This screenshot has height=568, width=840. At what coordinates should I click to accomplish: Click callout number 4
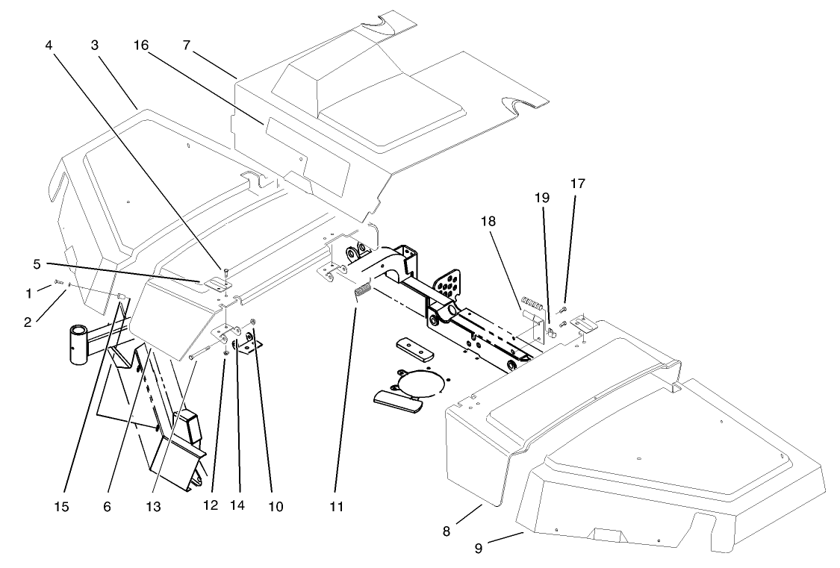pos(49,44)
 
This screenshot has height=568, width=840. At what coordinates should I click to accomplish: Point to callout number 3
pos(95,46)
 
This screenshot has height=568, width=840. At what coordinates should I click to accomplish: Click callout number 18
pos(488,222)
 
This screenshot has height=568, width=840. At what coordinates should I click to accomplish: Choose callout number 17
pos(577,182)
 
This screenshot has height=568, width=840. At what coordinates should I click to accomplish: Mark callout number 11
pos(337,507)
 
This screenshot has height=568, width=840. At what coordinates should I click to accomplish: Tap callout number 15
pos(61,507)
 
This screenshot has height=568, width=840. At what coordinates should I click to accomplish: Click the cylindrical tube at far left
pos(80,343)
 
